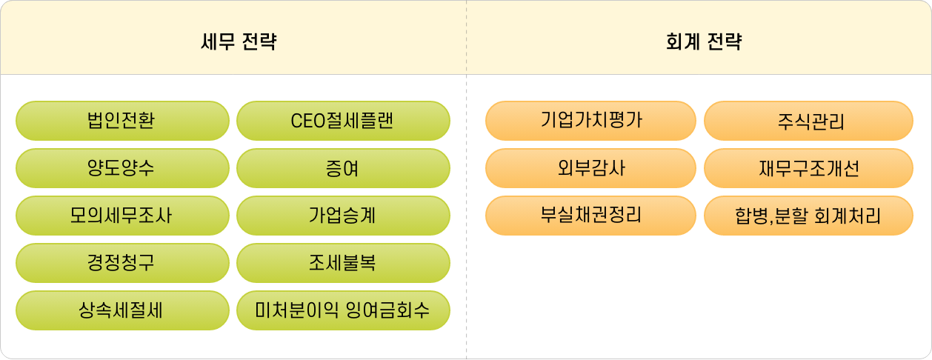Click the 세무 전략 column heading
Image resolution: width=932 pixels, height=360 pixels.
pos(239,42)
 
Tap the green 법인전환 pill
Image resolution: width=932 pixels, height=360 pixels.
pos(122,121)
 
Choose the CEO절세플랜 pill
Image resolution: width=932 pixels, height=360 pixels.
pos(343,121)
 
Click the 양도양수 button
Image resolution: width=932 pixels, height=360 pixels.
pos(122,168)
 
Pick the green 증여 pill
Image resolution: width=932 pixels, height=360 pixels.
pos(343,168)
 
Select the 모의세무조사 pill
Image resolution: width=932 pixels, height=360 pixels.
pos(122,216)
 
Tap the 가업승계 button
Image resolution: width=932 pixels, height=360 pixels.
pos(343,216)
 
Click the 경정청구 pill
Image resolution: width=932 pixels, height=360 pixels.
pos(122,263)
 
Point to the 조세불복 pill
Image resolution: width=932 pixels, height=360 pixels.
pos(343,263)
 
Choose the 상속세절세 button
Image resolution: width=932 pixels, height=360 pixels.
pos(122,310)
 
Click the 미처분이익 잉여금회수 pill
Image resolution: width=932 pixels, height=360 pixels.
pos(343,310)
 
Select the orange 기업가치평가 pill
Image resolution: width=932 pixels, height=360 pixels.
pos(590,120)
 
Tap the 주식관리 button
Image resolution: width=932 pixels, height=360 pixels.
pos(808,121)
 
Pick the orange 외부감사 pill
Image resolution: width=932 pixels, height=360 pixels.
pos(590,168)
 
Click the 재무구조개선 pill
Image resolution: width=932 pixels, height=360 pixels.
pos(808,168)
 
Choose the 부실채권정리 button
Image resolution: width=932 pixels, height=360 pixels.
pos(590,216)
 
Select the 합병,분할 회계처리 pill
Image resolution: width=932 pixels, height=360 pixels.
pos(808,216)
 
